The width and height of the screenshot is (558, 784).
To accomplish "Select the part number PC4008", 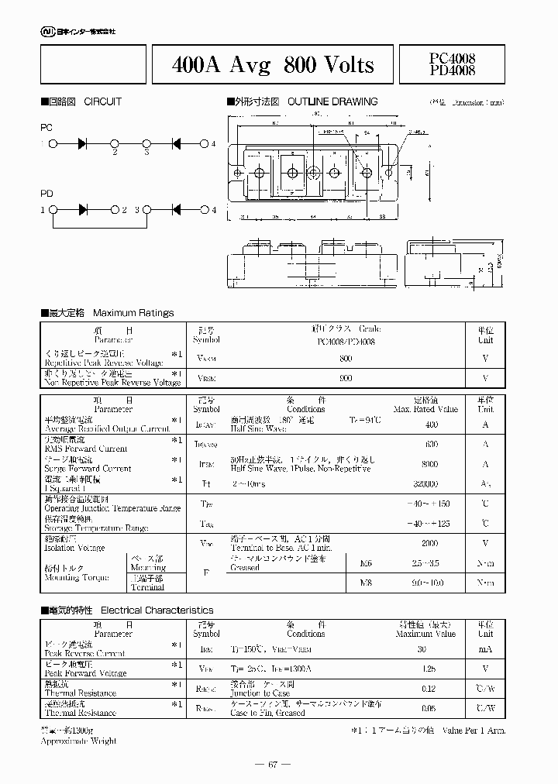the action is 452,58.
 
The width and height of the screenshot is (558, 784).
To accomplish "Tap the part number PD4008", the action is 452,70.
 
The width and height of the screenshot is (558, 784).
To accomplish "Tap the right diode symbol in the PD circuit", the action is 176,210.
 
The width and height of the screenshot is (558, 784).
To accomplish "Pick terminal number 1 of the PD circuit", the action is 43,210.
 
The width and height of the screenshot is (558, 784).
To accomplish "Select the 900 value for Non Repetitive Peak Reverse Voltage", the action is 346,378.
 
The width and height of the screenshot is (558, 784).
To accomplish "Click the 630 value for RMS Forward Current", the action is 431,444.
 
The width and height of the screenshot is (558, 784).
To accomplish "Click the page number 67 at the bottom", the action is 273,765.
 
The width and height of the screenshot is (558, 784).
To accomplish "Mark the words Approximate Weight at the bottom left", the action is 78,741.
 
